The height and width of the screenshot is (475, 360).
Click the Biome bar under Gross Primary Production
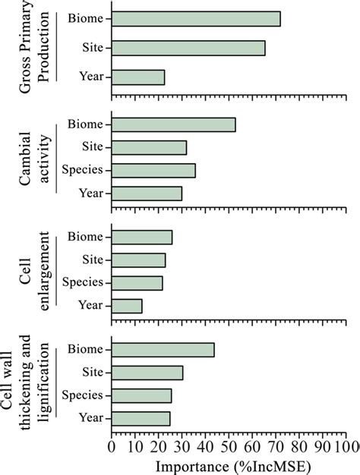(x=196, y=19)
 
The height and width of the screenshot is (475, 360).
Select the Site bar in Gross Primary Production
(x=188, y=48)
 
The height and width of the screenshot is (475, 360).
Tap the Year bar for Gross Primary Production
(x=138, y=77)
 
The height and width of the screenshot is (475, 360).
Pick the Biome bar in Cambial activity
(x=174, y=124)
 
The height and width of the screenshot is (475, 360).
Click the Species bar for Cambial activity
(x=153, y=170)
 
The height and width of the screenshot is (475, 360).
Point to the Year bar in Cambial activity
(x=147, y=193)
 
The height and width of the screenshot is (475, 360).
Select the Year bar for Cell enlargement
(x=127, y=306)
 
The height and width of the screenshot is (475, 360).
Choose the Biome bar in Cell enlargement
(x=142, y=237)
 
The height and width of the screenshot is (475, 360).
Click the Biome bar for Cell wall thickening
(x=163, y=350)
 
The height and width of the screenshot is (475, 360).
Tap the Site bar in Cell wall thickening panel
(x=147, y=373)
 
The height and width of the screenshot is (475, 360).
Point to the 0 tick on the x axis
(x=112, y=445)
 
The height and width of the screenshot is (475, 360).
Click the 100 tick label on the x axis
(x=348, y=445)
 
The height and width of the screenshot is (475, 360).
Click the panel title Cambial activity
(x=37, y=159)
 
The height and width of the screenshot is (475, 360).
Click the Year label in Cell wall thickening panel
(x=92, y=418)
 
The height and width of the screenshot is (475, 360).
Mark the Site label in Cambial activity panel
(x=94, y=147)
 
